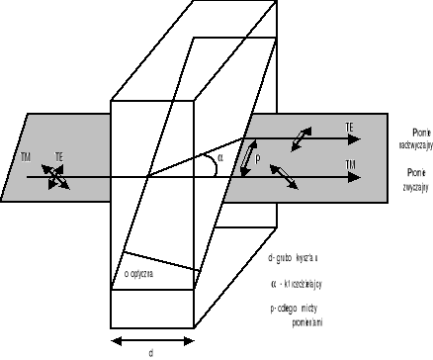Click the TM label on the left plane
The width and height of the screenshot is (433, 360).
[25, 155]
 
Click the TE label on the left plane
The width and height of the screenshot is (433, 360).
[60, 156]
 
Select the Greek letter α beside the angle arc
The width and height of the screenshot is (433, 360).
[221, 156]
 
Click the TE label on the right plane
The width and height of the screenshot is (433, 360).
[350, 128]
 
